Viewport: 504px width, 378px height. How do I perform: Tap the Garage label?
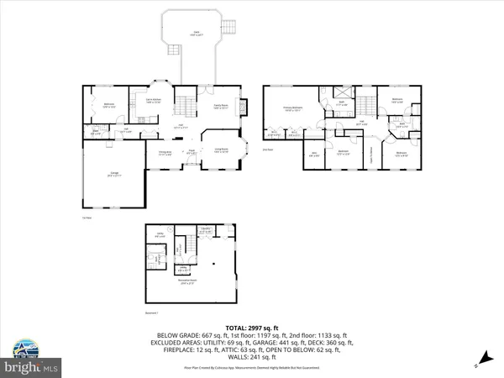[x=113, y=174]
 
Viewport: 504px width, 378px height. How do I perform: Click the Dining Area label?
[x=165, y=152]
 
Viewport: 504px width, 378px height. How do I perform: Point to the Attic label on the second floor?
[x=312, y=153]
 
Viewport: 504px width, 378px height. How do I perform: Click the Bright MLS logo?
[x=31, y=367]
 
